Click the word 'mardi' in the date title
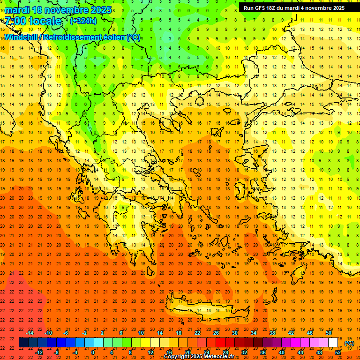(x=19, y=10)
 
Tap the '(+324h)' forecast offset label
(x=83, y=21)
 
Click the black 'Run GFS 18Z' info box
(x=294, y=8)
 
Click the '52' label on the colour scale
(x=338, y=352)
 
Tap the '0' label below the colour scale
(x=93, y=352)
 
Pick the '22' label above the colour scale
(x=197, y=333)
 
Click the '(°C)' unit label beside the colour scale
(x=349, y=343)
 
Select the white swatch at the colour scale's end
(x=333, y=343)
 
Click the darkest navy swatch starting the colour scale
(x=23, y=343)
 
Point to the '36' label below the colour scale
(x=262, y=352)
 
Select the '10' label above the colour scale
(x=141, y=333)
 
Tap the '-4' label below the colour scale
(x=75, y=352)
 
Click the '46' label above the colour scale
(x=310, y=333)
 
